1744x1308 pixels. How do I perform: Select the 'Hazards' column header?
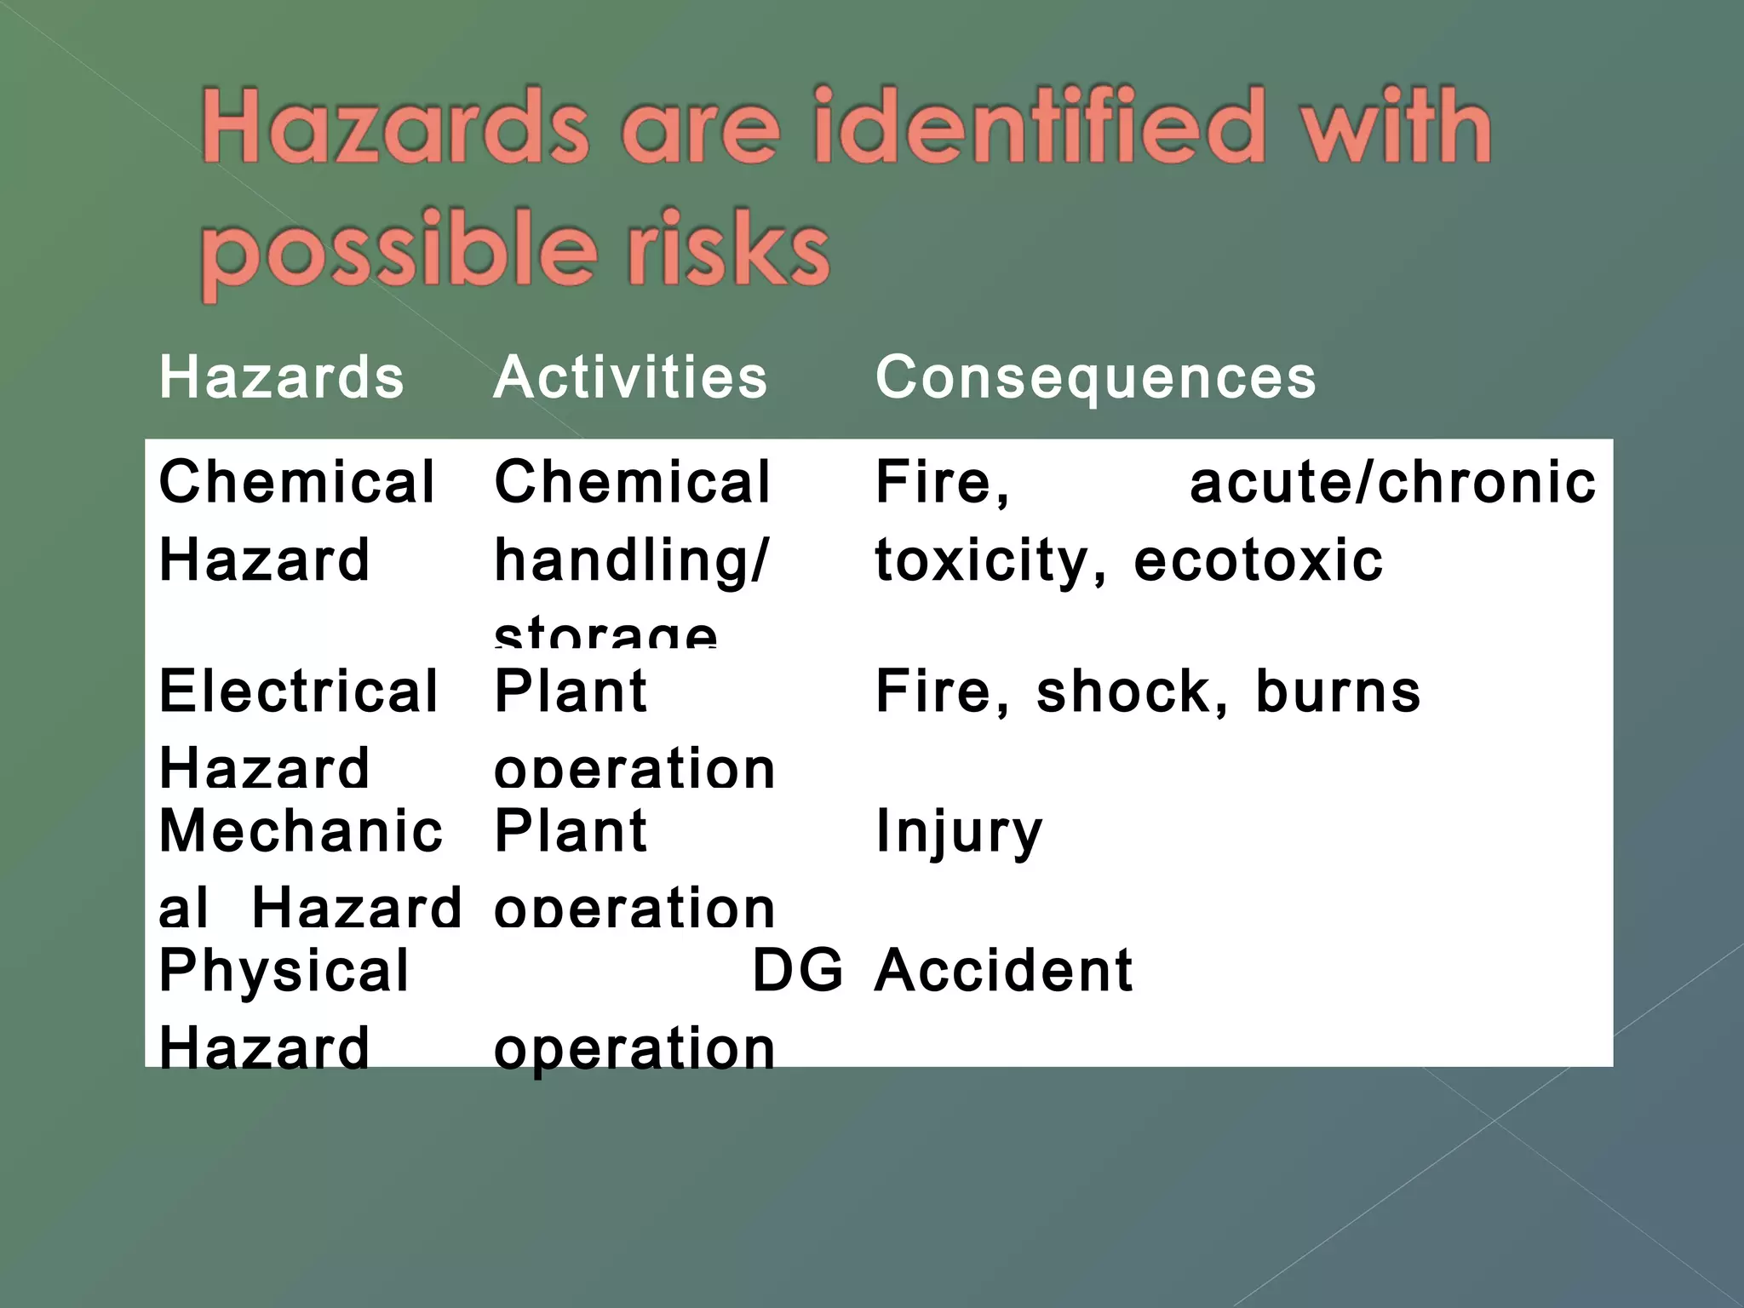point(282,377)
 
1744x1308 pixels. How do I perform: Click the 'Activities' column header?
point(630,377)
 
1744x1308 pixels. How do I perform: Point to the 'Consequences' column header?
point(1096,377)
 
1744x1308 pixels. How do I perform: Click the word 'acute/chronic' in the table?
point(1392,483)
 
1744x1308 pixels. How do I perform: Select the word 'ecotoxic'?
point(1258,561)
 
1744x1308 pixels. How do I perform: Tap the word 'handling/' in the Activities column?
point(631,561)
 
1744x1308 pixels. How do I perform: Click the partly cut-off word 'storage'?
point(605,634)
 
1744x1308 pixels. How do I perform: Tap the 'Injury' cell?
point(959,832)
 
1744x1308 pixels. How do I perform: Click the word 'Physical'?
point(284,971)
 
